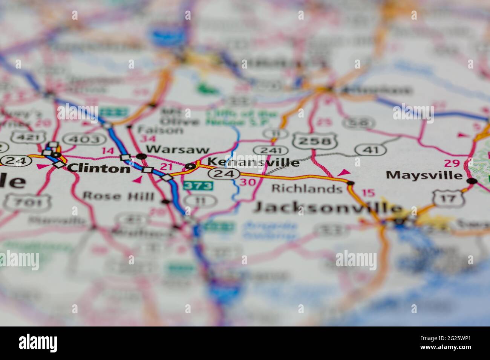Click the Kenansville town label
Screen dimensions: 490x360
(x=254, y=162)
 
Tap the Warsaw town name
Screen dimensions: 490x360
(x=178, y=149)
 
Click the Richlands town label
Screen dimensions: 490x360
(x=306, y=188)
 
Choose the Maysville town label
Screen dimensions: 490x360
(x=424, y=175)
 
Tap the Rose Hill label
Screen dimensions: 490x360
(x=118, y=196)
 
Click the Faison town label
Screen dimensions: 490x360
(x=160, y=130)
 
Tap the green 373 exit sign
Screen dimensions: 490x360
(x=198, y=186)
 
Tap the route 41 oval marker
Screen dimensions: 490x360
(x=370, y=150)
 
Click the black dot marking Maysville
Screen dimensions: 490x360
(x=471, y=181)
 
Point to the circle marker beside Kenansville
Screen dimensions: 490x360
(x=191, y=166)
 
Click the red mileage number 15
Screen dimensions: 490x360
(x=368, y=193)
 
